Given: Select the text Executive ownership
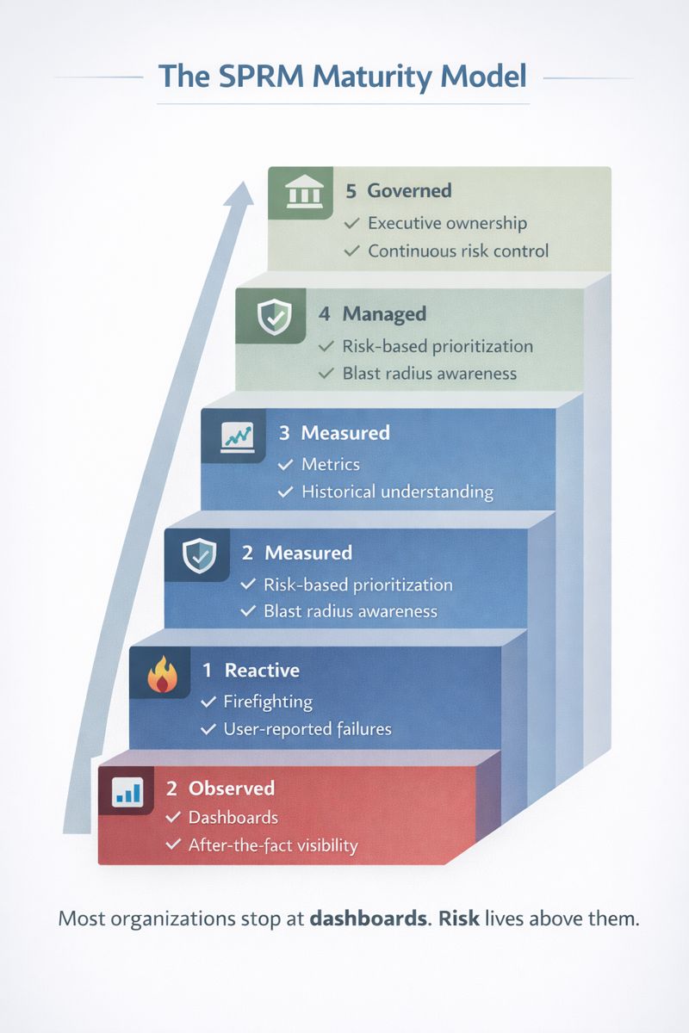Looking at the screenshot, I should (447, 223).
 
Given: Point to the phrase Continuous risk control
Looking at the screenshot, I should (458, 251).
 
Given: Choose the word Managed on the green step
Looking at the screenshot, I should (384, 314).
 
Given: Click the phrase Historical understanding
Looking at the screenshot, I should (397, 492).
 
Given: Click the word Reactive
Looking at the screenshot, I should (262, 670).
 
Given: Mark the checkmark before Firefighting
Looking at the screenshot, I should (208, 702).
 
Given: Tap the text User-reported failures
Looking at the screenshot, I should (307, 729).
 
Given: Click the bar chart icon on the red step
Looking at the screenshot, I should (128, 790).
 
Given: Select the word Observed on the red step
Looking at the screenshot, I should (232, 788).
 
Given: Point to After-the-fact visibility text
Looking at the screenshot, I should (272, 845).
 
